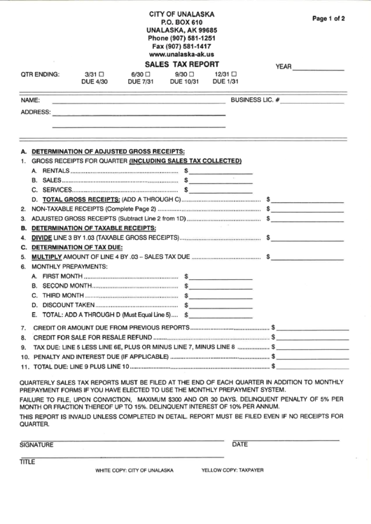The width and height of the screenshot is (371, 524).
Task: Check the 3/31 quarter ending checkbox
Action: pos(101,73)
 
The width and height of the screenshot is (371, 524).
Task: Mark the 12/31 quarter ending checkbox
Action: pos(234,73)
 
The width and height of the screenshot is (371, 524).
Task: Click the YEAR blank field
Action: pos(318,69)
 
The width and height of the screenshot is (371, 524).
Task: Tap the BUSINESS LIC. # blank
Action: pos(313,101)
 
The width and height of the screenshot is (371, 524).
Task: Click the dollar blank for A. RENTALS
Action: pos(220,170)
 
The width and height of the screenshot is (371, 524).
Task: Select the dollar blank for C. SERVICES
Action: pos(220,190)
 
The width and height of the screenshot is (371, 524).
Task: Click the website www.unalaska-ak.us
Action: pos(182,54)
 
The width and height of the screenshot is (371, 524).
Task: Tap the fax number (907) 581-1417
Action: pos(182,45)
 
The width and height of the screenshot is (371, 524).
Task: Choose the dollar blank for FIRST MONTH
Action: pos(220,276)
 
